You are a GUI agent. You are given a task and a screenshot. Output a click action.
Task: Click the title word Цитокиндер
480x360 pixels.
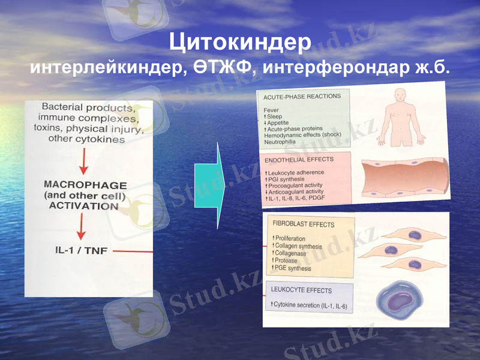coord(240,43)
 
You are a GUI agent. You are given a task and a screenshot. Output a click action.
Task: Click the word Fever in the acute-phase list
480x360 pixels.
coord(271,110)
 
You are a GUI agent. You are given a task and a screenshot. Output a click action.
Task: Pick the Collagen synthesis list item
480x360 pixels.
coord(298,247)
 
